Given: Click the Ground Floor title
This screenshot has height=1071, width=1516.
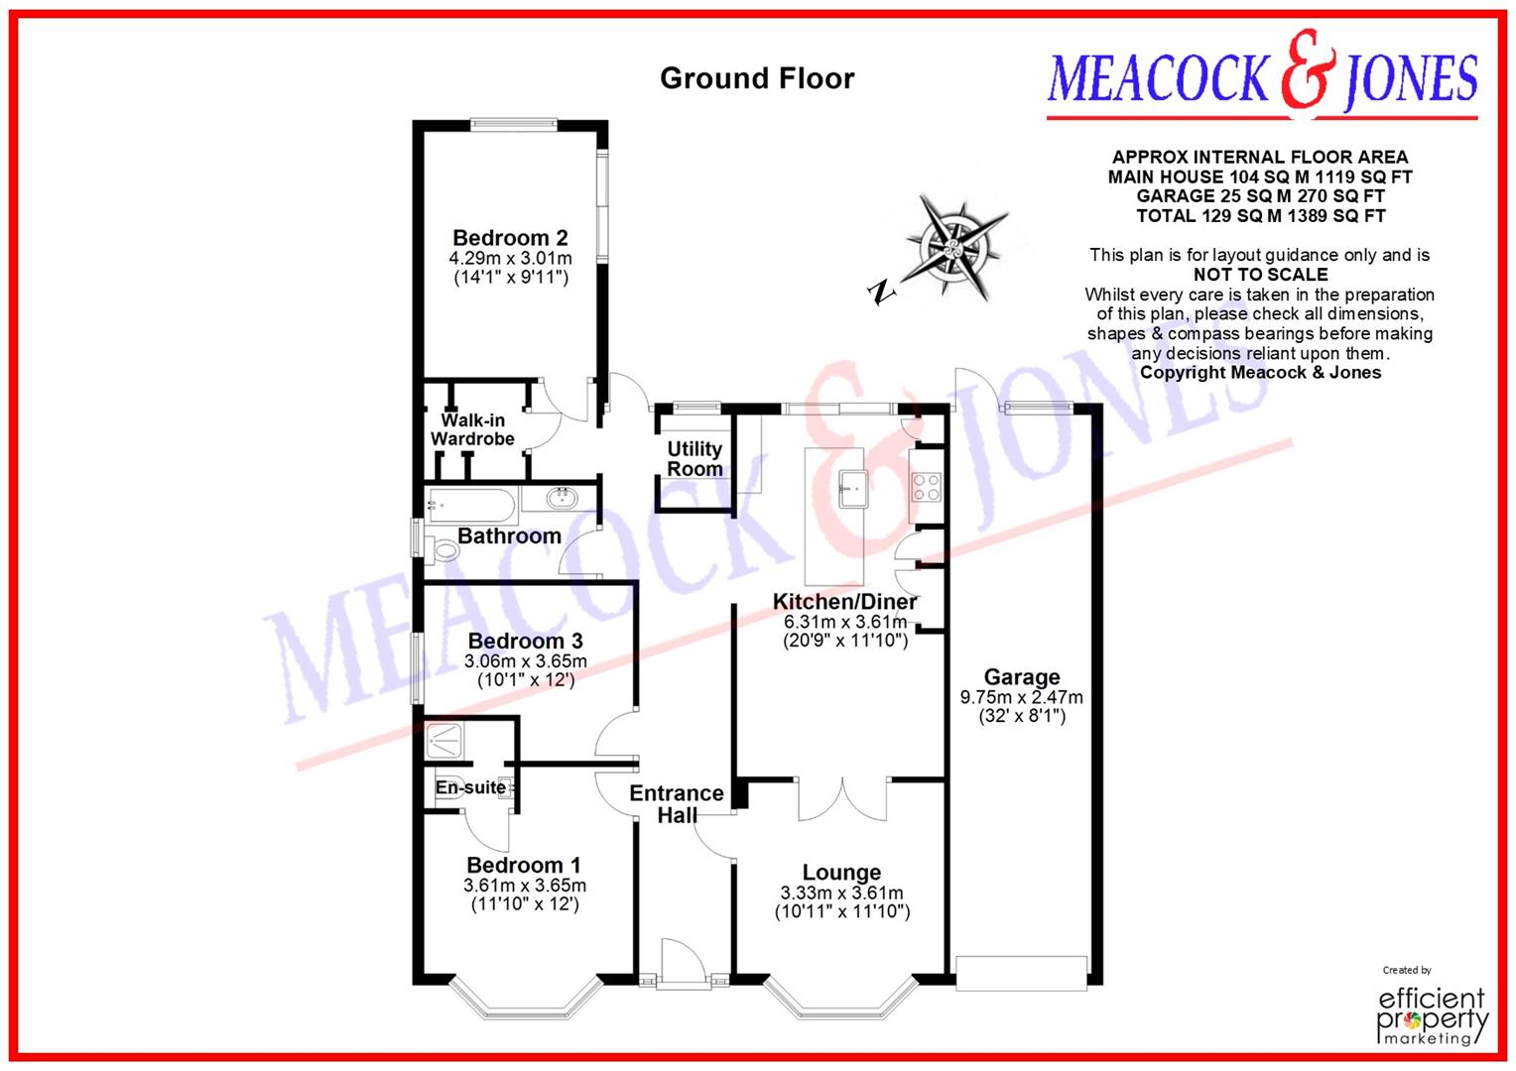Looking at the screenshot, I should coord(757,78).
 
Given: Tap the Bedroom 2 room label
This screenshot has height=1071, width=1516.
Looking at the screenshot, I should coord(510,238).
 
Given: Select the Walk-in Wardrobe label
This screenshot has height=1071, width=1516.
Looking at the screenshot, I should coord(472,429).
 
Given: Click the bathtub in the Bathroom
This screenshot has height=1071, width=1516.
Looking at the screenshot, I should coord(472,506).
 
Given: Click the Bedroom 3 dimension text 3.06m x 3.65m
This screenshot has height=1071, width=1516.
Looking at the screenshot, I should coord(526,661).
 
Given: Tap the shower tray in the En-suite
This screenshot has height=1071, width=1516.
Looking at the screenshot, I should coord(449,741).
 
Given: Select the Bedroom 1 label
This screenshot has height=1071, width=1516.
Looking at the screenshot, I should coord(524,865).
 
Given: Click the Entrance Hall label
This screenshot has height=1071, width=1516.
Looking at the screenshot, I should coord(677,804).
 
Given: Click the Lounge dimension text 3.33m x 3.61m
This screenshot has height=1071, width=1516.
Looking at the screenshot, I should coord(841,892).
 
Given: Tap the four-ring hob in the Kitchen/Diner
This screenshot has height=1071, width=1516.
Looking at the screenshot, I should coord(926,487).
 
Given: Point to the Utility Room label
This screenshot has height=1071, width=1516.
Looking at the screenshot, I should coord(695,458).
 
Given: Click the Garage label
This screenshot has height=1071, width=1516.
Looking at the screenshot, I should coord(1022,677).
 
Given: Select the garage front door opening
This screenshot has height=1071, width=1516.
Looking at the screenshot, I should coord(1022,973).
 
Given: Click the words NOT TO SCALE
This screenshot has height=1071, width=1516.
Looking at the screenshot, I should coord(1260,275).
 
